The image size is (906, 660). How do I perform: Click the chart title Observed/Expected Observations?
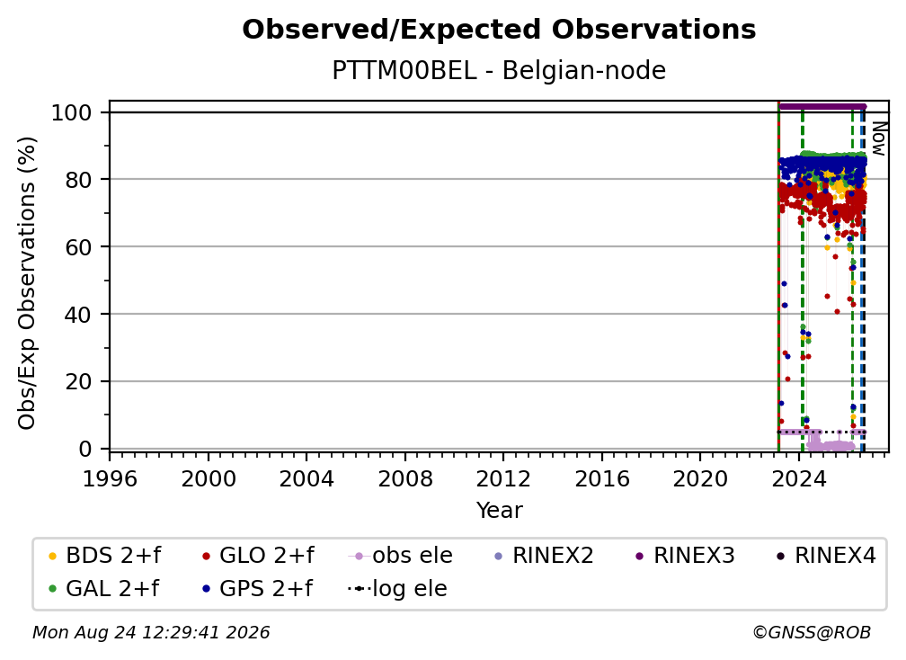click(499, 30)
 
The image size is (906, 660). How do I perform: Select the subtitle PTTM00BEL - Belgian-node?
click(499, 70)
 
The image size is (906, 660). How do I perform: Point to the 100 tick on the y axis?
click(72, 112)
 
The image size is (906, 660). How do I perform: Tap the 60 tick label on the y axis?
click(78, 246)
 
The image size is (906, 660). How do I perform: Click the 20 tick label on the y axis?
click(78, 381)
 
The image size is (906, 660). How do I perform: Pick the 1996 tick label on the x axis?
click(110, 478)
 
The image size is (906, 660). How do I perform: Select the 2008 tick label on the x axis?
click(405, 478)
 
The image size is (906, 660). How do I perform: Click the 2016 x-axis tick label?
click(602, 478)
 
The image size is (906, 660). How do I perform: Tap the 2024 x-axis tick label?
click(798, 478)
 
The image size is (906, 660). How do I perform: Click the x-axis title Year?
click(499, 511)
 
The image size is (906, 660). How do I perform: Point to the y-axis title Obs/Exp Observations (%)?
click(27, 283)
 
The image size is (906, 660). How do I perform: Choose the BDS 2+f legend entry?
click(104, 556)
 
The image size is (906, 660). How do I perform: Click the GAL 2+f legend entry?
click(103, 588)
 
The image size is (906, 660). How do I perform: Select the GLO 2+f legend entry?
click(258, 556)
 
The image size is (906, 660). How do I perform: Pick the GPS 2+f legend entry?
click(257, 588)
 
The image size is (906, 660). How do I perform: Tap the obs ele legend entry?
click(401, 556)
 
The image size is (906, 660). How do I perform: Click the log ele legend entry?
click(397, 588)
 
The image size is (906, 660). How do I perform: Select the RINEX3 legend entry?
click(685, 556)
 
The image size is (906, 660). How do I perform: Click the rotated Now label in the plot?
click(877, 138)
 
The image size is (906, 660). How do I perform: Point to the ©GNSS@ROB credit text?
click(812, 632)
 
